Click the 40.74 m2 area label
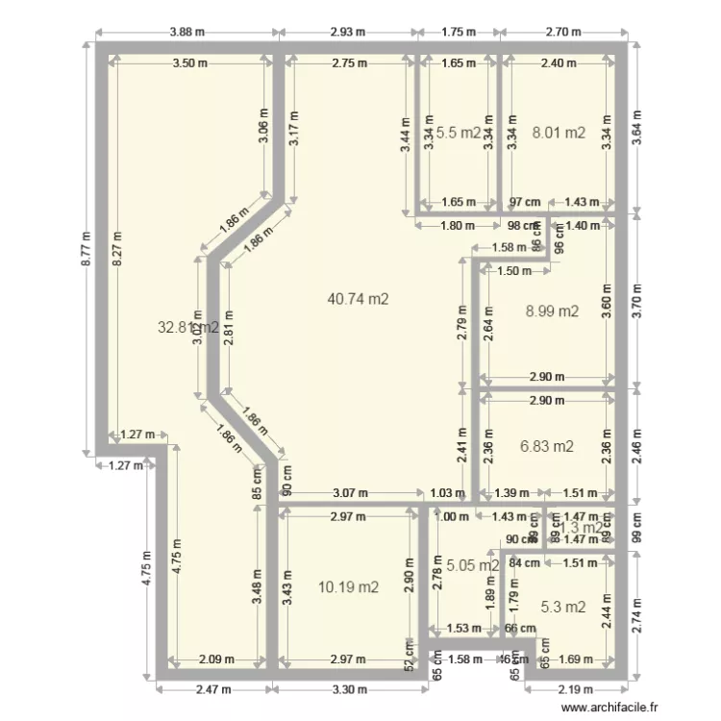(358, 299)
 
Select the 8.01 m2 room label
(559, 133)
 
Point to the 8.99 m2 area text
(552, 311)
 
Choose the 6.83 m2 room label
(546, 446)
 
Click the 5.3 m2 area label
(562, 607)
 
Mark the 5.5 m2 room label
(459, 133)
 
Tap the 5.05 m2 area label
(474, 565)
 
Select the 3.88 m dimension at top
(187, 32)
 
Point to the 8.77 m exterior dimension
(85, 248)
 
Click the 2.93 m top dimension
(347, 32)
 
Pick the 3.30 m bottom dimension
(349, 689)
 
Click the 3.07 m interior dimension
(350, 492)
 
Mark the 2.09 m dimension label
(215, 659)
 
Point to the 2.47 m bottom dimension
(212, 689)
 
